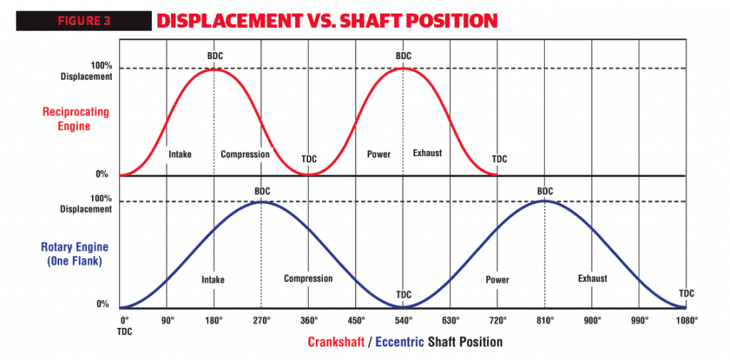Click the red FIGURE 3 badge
(x=83, y=21)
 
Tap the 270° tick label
(x=262, y=320)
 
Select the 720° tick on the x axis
(x=498, y=320)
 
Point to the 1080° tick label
(x=686, y=320)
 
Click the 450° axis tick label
(x=356, y=320)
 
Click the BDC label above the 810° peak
(x=545, y=191)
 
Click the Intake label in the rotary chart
(x=213, y=280)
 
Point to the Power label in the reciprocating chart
(x=379, y=154)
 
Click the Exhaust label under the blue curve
(x=592, y=279)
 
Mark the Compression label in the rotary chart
(x=308, y=279)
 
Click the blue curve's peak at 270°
(x=262, y=202)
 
